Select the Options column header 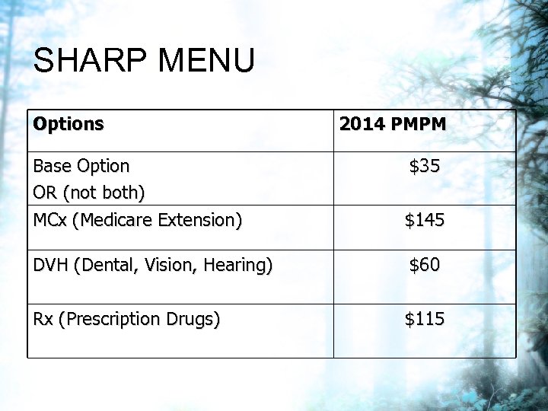click(68, 124)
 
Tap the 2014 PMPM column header click(393, 124)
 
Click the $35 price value click(425, 166)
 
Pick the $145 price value click(425, 221)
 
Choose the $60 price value click(425, 265)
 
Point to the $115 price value click(425, 319)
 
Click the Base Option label click(81, 166)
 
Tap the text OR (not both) click(89, 193)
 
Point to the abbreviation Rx click(43, 319)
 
